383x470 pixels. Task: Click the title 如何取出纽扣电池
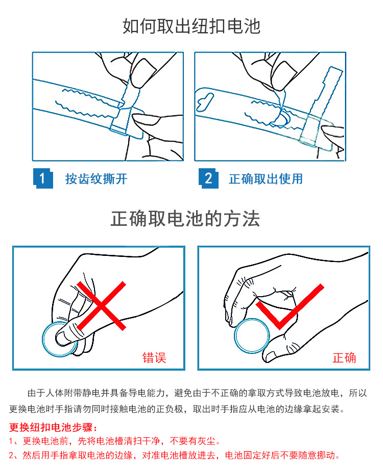191,26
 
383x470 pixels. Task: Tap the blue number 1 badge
43,178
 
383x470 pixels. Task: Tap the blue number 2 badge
208,178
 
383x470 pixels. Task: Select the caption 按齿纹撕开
97,179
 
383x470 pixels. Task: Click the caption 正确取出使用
266,179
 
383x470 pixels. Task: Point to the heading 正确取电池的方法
185,219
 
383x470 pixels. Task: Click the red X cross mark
102,306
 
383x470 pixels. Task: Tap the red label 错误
154,357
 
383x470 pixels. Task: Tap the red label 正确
344,357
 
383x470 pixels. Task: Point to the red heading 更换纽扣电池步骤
53,427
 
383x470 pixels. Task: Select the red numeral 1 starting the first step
11,441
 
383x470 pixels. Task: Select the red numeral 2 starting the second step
11,455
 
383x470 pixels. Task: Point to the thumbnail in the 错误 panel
62,338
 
